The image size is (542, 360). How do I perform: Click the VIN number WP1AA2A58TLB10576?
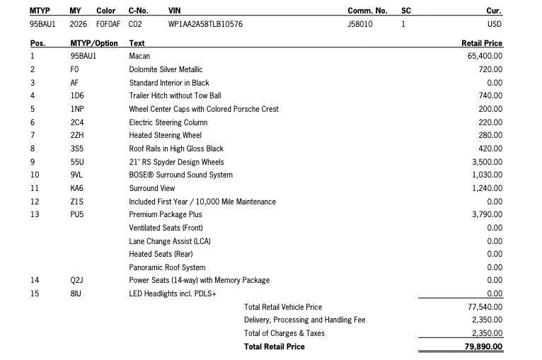click(x=205, y=24)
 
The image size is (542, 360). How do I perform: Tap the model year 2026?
click(x=79, y=24)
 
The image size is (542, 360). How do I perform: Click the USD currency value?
click(x=495, y=24)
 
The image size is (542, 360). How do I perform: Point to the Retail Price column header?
click(x=481, y=43)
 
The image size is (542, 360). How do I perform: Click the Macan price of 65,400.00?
click(x=485, y=56)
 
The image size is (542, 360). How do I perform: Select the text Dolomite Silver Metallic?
click(x=166, y=69)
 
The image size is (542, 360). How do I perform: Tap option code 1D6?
click(x=77, y=95)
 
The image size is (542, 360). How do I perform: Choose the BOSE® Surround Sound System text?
click(x=180, y=175)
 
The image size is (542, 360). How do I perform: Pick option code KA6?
click(x=77, y=188)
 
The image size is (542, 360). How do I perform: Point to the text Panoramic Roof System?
click(x=167, y=267)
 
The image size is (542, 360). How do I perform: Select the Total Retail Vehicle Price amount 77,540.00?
click(x=485, y=307)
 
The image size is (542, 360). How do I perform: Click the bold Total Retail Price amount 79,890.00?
click(x=484, y=347)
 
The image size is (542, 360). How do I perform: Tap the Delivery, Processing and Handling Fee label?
click(x=304, y=320)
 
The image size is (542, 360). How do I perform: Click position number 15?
click(x=35, y=294)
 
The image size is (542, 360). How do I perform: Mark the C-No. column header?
click(x=138, y=11)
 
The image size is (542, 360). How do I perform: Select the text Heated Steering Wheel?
click(x=165, y=135)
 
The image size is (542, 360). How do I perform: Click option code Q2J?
click(x=77, y=280)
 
